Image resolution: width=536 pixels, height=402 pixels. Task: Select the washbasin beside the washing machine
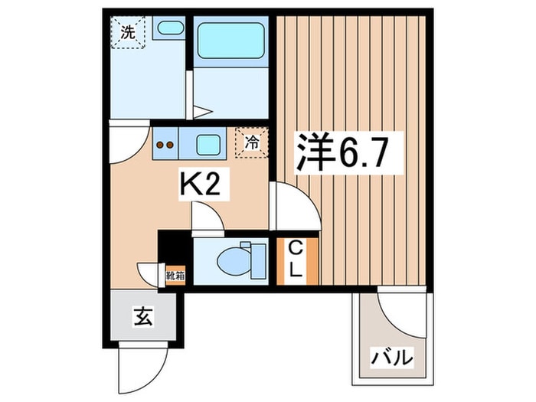coord(169,30)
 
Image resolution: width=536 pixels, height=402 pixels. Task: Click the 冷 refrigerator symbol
coord(252,142)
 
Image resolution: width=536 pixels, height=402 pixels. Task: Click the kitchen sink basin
coord(208,143)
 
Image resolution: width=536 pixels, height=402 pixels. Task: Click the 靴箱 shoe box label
coord(175,274)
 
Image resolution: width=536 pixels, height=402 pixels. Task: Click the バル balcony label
coord(392,357)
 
